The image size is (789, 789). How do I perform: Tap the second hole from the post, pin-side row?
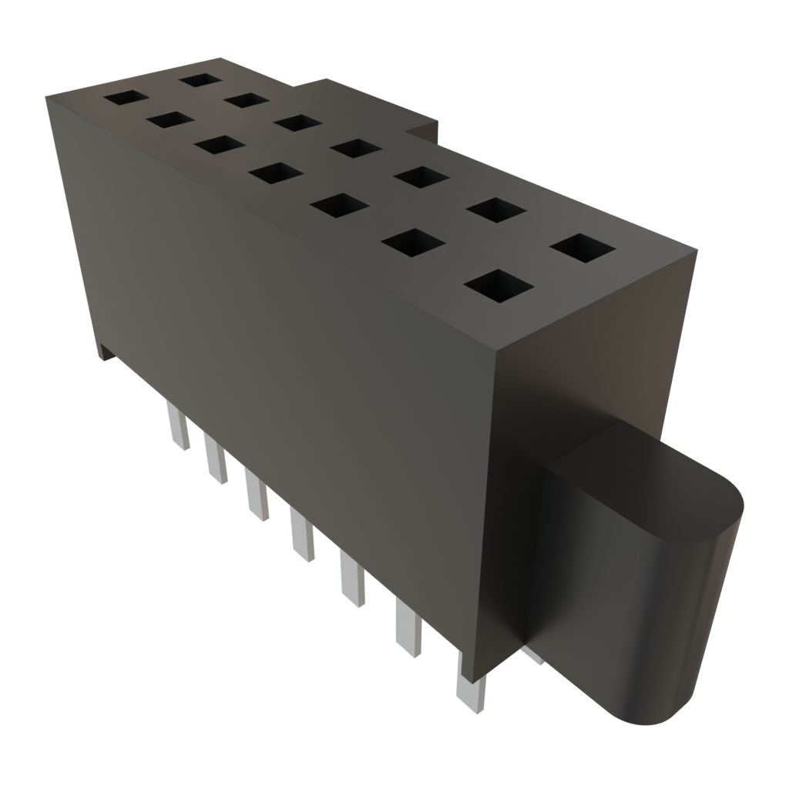click(413, 243)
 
